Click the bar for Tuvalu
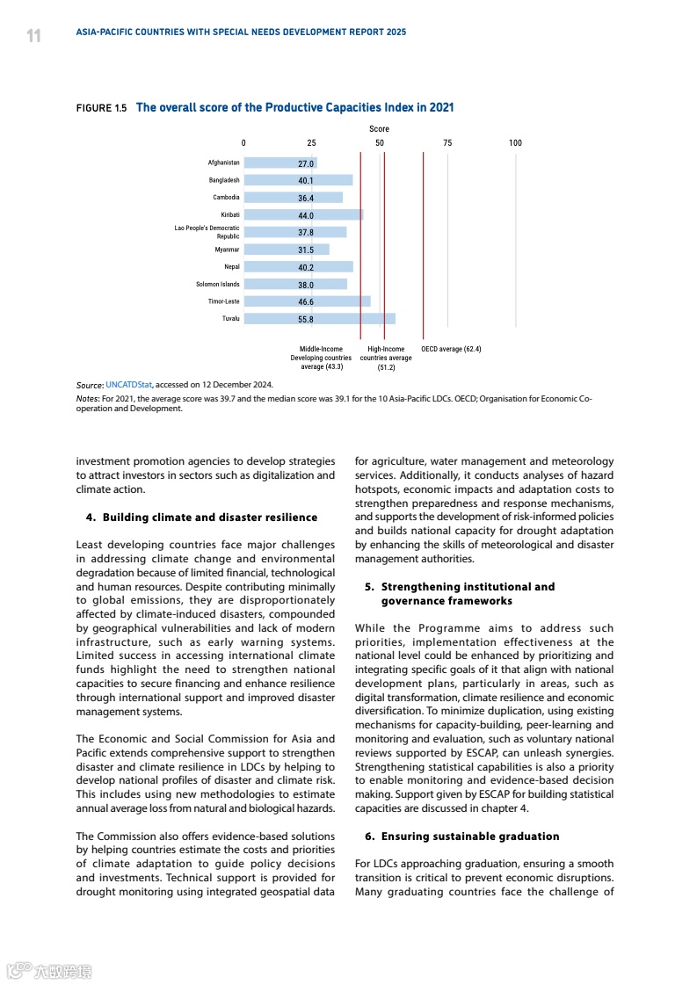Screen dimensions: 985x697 pyautogui.click(x=319, y=319)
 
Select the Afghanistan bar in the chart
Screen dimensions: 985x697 pyautogui.click(x=280, y=163)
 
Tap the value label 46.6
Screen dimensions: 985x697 pyautogui.click(x=306, y=302)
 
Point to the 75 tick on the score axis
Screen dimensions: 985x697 pyautogui.click(x=447, y=143)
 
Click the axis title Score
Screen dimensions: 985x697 pyautogui.click(x=379, y=129)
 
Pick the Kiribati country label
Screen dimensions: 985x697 pyautogui.click(x=230, y=214)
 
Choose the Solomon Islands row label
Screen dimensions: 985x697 pyautogui.click(x=217, y=285)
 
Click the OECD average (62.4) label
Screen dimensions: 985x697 pyautogui.click(x=451, y=349)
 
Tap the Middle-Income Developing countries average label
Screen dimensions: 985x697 pyautogui.click(x=321, y=358)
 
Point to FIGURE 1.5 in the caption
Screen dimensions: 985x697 pyautogui.click(x=101, y=108)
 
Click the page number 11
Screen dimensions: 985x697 pyautogui.click(x=33, y=36)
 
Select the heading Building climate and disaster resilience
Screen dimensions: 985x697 pyautogui.click(x=210, y=518)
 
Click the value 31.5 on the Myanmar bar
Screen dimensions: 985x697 pyautogui.click(x=306, y=250)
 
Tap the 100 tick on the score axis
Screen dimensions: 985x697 pyautogui.click(x=515, y=143)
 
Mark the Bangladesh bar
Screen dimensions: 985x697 pyautogui.click(x=298, y=180)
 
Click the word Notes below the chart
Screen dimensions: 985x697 pyautogui.click(x=87, y=398)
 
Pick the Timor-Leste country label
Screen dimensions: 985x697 pyautogui.click(x=223, y=301)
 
